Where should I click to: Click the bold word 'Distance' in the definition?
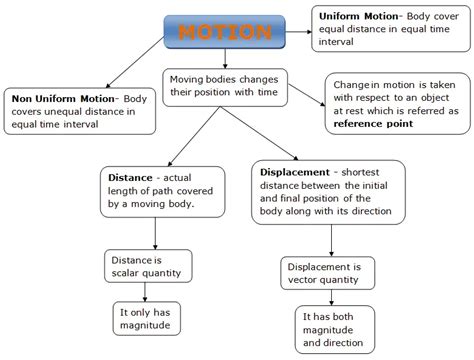[131, 178]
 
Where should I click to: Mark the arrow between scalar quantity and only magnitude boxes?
[155, 293]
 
